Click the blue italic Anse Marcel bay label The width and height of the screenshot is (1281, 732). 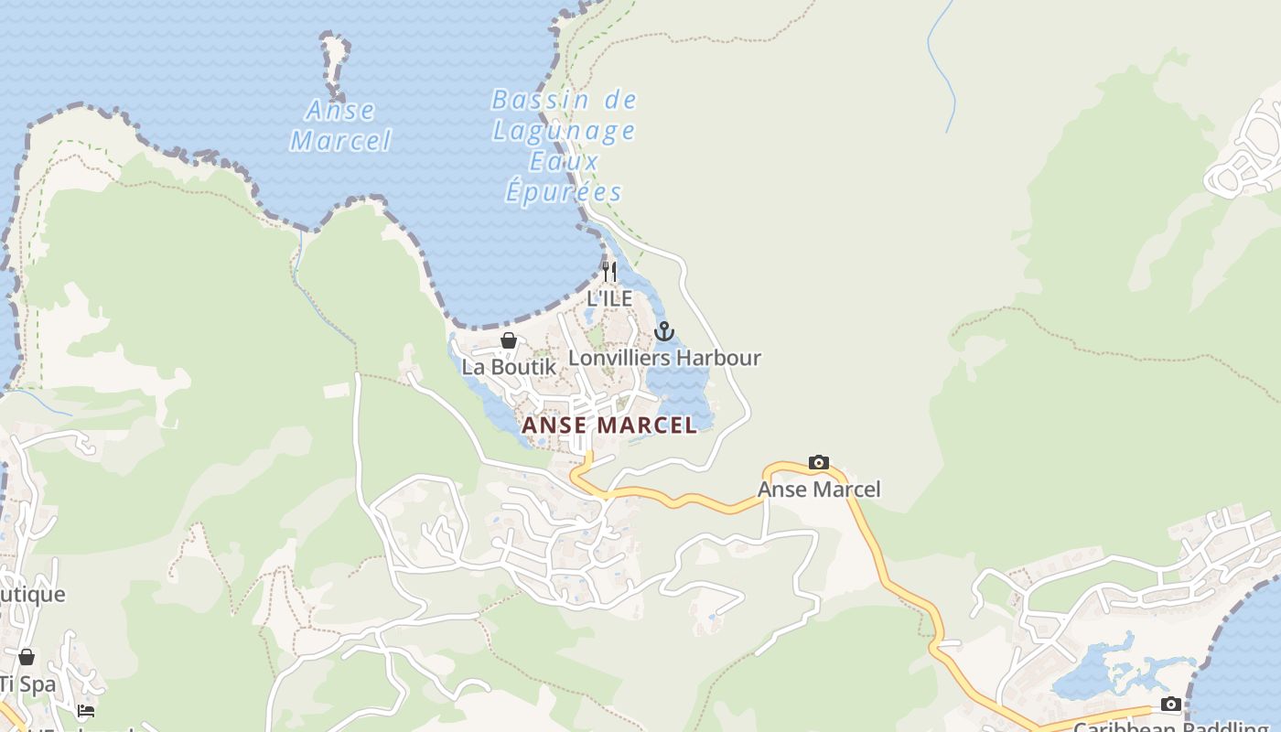(x=340, y=125)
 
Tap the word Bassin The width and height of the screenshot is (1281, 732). (x=526, y=100)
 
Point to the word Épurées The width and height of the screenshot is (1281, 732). (x=564, y=192)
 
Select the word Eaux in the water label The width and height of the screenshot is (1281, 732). (x=564, y=162)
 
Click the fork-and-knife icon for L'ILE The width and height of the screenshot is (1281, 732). (x=609, y=272)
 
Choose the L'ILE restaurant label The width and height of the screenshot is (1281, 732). (x=609, y=298)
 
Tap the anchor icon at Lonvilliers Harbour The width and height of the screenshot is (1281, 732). (x=664, y=331)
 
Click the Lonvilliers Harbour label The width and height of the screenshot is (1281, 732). (x=664, y=358)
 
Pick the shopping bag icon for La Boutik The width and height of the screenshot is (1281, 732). (x=509, y=340)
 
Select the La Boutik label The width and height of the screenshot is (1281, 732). (x=509, y=367)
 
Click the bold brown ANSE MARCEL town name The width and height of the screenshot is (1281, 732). (x=609, y=425)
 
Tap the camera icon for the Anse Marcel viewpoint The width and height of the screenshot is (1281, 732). (x=819, y=463)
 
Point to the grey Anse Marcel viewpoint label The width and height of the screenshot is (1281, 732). (x=819, y=490)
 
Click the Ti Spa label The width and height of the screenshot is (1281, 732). (x=27, y=684)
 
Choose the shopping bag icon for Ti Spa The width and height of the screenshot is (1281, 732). (x=27, y=657)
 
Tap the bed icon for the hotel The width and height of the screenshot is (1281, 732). (x=86, y=710)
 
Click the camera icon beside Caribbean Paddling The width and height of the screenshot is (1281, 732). (x=1170, y=704)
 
